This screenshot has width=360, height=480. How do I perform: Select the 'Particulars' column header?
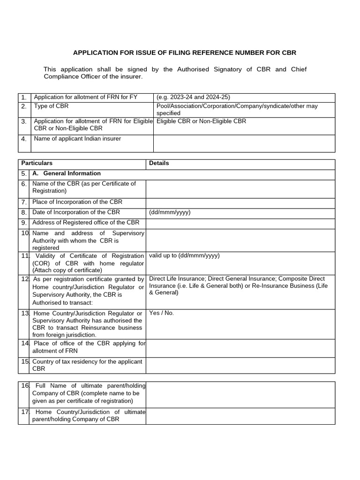pyautogui.click(x=36, y=164)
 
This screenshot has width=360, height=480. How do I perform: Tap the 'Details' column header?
pyautogui.click(x=159, y=164)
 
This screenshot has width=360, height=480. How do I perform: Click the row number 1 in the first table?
pyautogui.click(x=24, y=97)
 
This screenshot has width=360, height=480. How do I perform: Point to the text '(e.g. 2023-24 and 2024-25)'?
pyautogui.click(x=193, y=97)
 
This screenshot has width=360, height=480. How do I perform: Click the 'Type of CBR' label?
pyautogui.click(x=51, y=106)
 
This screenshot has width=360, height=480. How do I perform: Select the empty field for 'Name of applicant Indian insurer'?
pyautogui.click(x=244, y=143)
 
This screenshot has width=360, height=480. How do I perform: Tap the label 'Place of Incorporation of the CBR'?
pyautogui.click(x=77, y=202)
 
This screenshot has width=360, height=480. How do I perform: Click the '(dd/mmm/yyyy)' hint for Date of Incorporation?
pyautogui.click(x=170, y=212)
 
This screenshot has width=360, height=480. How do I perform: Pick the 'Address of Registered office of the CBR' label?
pyautogui.click(x=86, y=223)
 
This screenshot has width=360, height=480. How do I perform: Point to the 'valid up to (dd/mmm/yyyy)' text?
pyautogui.click(x=184, y=256)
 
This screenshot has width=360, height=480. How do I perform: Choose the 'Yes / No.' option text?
pyautogui.click(x=161, y=313)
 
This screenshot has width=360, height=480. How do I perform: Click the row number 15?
pyautogui.click(x=25, y=362)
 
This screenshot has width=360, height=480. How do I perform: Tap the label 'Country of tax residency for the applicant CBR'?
pyautogui.click(x=87, y=365)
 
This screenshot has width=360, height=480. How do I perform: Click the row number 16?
pyautogui.click(x=25, y=386)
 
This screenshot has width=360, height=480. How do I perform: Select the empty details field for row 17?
pyautogui.click(x=240, y=416)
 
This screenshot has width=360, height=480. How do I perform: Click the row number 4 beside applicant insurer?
pyautogui.click(x=24, y=139)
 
